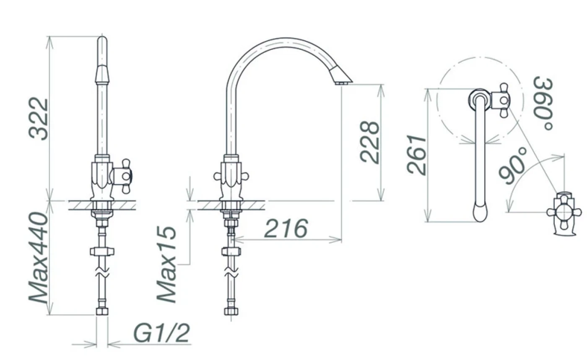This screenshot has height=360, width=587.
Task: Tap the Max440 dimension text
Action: tap(38, 258)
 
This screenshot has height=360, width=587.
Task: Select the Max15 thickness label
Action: tap(167, 264)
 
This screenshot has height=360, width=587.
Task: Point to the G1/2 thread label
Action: tap(161, 333)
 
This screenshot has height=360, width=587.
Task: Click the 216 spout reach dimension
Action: tap(286, 228)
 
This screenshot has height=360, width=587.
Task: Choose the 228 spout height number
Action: tap(369, 142)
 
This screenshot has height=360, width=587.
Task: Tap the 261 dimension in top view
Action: tap(417, 155)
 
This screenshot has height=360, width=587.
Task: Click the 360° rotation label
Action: tap(543, 103)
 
